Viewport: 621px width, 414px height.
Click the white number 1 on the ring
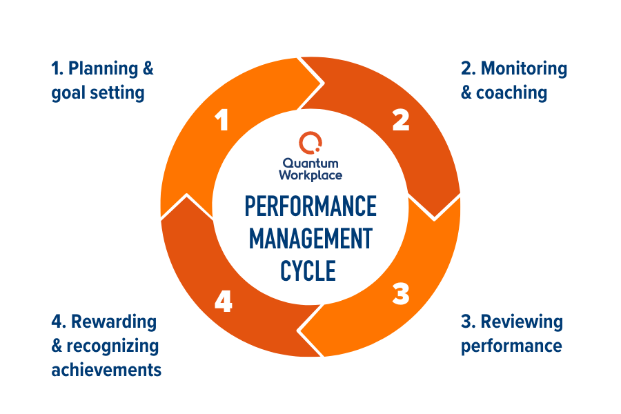pyautogui.click(x=221, y=121)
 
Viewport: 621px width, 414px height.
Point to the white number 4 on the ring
pyautogui.click(x=222, y=301)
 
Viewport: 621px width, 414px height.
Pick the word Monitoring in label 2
pyautogui.click(x=524, y=69)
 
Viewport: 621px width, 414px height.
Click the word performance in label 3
pyautogui.click(x=511, y=344)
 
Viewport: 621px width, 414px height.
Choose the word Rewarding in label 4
pyautogui.click(x=114, y=322)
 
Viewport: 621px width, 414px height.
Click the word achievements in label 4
pyautogui.click(x=106, y=369)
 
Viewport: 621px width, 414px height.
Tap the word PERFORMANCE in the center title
pyautogui.click(x=310, y=207)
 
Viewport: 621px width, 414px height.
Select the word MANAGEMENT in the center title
pyautogui.click(x=310, y=239)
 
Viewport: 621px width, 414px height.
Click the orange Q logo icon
pyautogui.click(x=310, y=144)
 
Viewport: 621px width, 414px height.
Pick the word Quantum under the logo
pyautogui.click(x=310, y=164)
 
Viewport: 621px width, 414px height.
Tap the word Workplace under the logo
pyautogui.click(x=310, y=175)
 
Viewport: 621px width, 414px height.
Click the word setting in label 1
pyautogui.click(x=119, y=93)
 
